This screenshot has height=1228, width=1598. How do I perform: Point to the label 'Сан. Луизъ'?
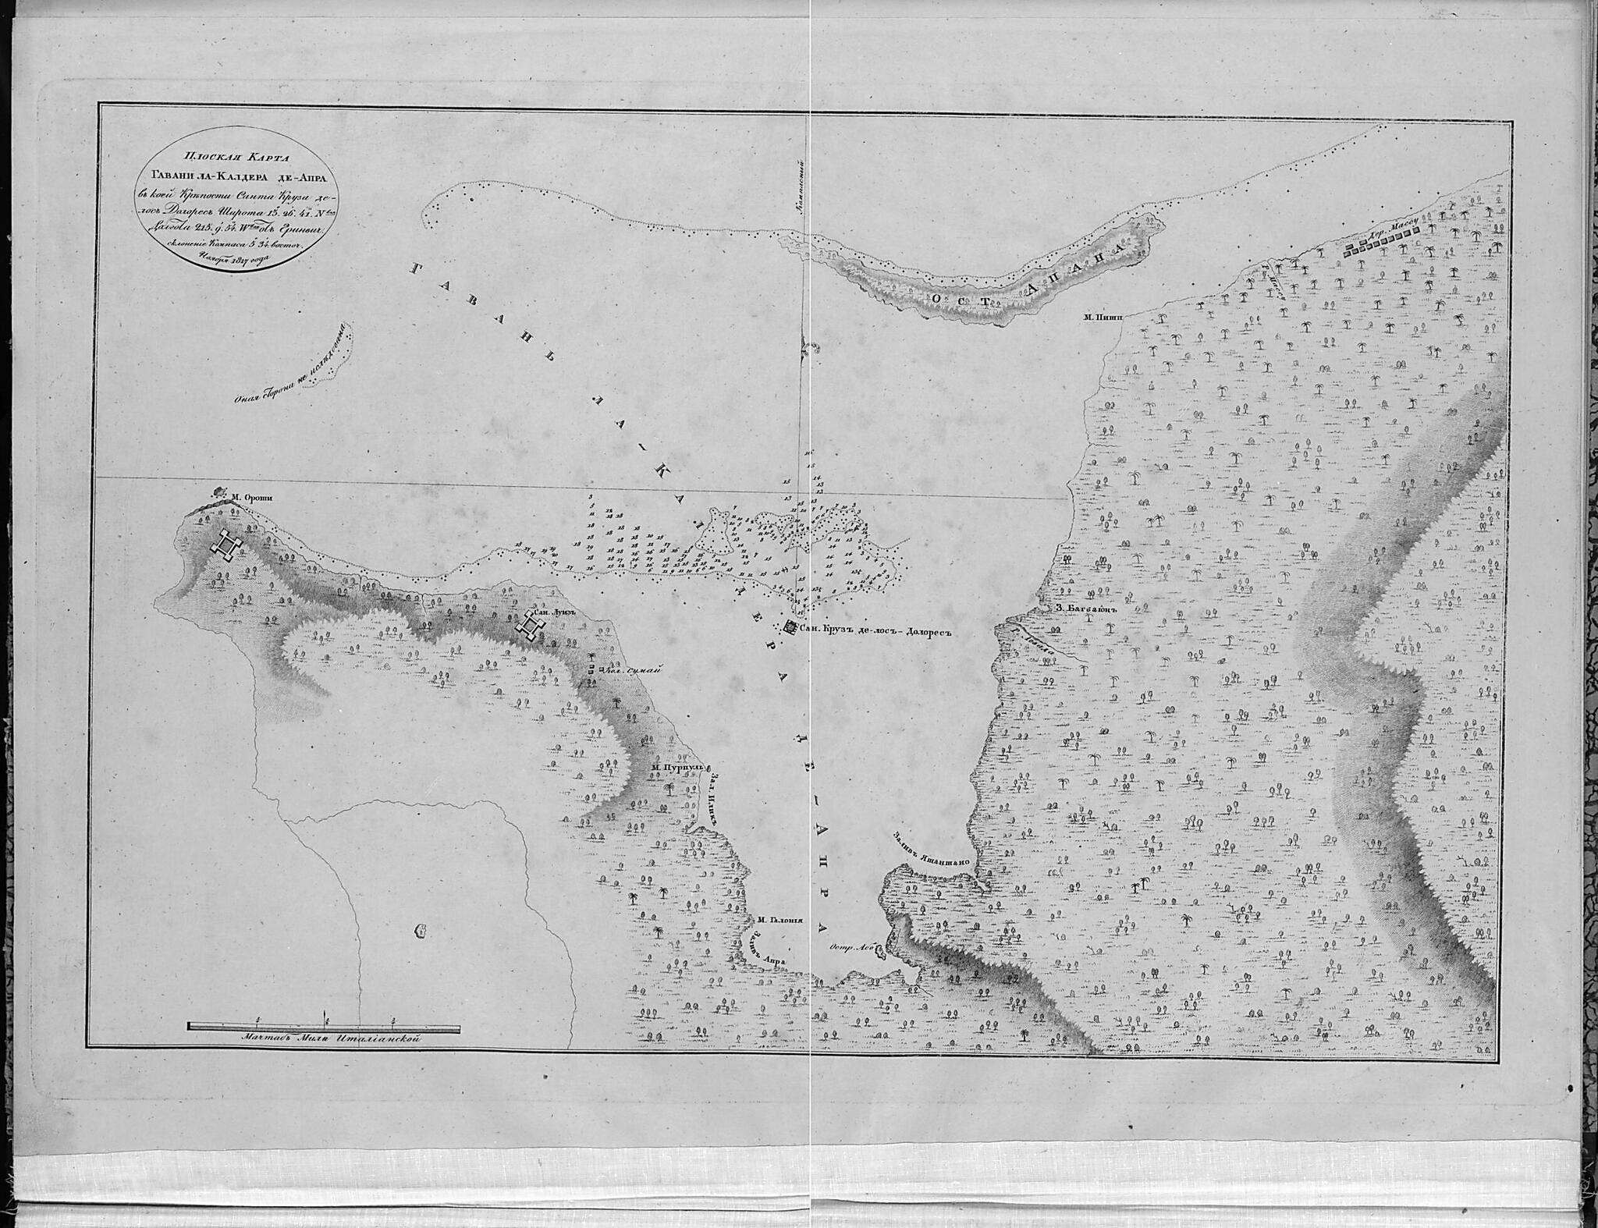point(553,612)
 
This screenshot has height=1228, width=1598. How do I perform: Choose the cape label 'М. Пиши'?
point(1101,317)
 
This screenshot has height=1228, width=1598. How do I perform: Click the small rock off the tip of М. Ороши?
point(218,492)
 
